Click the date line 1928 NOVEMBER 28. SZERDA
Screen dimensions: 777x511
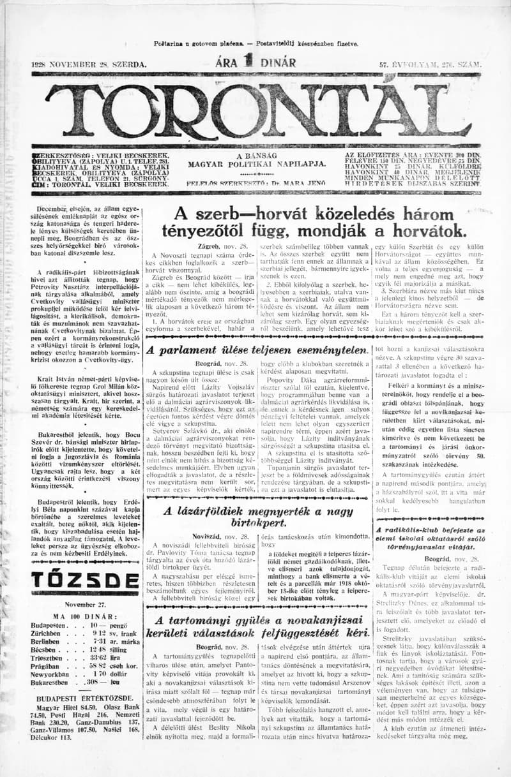89,64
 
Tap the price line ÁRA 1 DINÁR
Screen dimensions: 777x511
256,63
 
